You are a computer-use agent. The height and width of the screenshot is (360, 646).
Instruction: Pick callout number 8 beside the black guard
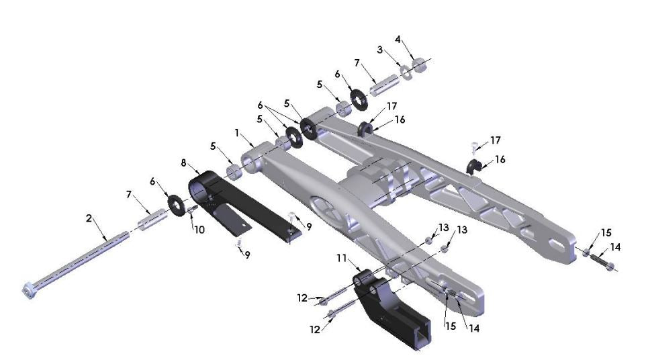click(183, 163)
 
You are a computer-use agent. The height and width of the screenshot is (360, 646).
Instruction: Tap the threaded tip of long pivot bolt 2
click(126, 234)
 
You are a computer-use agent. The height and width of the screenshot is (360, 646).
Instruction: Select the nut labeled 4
click(420, 65)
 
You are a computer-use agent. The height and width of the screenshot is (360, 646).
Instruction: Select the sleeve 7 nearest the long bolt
click(153, 218)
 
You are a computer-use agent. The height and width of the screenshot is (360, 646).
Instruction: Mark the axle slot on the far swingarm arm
click(557, 244)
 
